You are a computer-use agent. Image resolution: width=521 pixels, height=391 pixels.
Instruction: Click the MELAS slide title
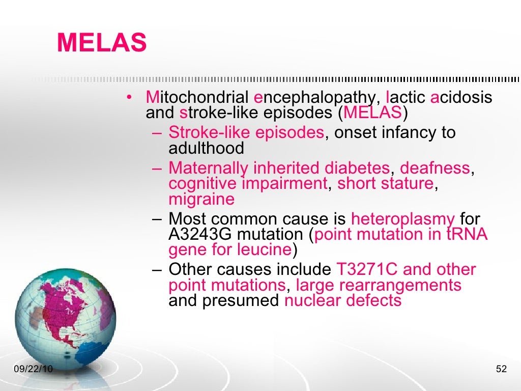click(102, 43)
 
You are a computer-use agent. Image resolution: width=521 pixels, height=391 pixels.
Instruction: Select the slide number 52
click(501, 369)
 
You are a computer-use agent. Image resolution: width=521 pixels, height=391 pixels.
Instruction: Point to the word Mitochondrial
click(197, 97)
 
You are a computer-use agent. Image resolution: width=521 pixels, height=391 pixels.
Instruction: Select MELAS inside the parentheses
click(373, 112)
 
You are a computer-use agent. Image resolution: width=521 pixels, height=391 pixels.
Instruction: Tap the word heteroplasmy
click(403, 219)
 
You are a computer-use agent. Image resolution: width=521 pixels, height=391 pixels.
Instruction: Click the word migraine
click(201, 199)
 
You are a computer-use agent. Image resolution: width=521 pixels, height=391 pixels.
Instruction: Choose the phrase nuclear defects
click(343, 300)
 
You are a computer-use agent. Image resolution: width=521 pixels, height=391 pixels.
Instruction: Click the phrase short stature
click(386, 183)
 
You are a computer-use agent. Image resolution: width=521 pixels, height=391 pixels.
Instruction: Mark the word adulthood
click(206, 148)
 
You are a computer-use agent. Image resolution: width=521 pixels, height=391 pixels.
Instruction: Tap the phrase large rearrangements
click(379, 285)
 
